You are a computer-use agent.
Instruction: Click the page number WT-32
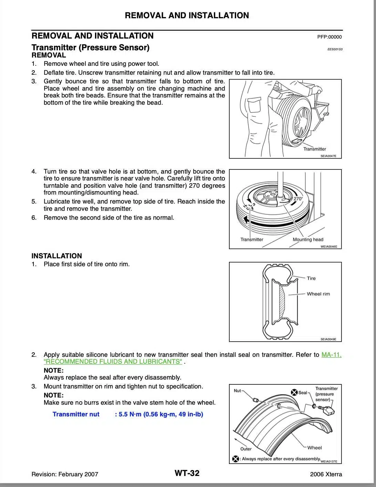187,473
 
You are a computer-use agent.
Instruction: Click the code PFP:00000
330,37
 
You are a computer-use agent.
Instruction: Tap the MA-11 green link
331,355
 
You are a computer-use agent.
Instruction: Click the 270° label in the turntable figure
298,199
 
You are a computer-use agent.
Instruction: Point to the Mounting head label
308,240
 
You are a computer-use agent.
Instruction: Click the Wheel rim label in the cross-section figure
318,294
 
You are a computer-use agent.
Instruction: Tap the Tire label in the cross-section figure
311,278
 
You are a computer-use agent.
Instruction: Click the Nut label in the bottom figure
237,391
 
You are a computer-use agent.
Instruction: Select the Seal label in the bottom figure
302,393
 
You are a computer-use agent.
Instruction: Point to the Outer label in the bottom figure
246,449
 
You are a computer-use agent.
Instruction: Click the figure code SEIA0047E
328,156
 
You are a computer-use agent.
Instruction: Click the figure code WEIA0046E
328,247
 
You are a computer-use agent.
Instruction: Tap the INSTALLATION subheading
57,256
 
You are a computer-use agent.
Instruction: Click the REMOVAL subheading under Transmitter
49,55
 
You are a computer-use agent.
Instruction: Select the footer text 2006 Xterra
326,474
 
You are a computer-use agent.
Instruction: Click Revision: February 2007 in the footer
65,474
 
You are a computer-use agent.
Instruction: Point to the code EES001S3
335,49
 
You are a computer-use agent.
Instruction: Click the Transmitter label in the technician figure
314,149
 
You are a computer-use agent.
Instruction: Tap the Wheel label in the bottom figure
314,448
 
